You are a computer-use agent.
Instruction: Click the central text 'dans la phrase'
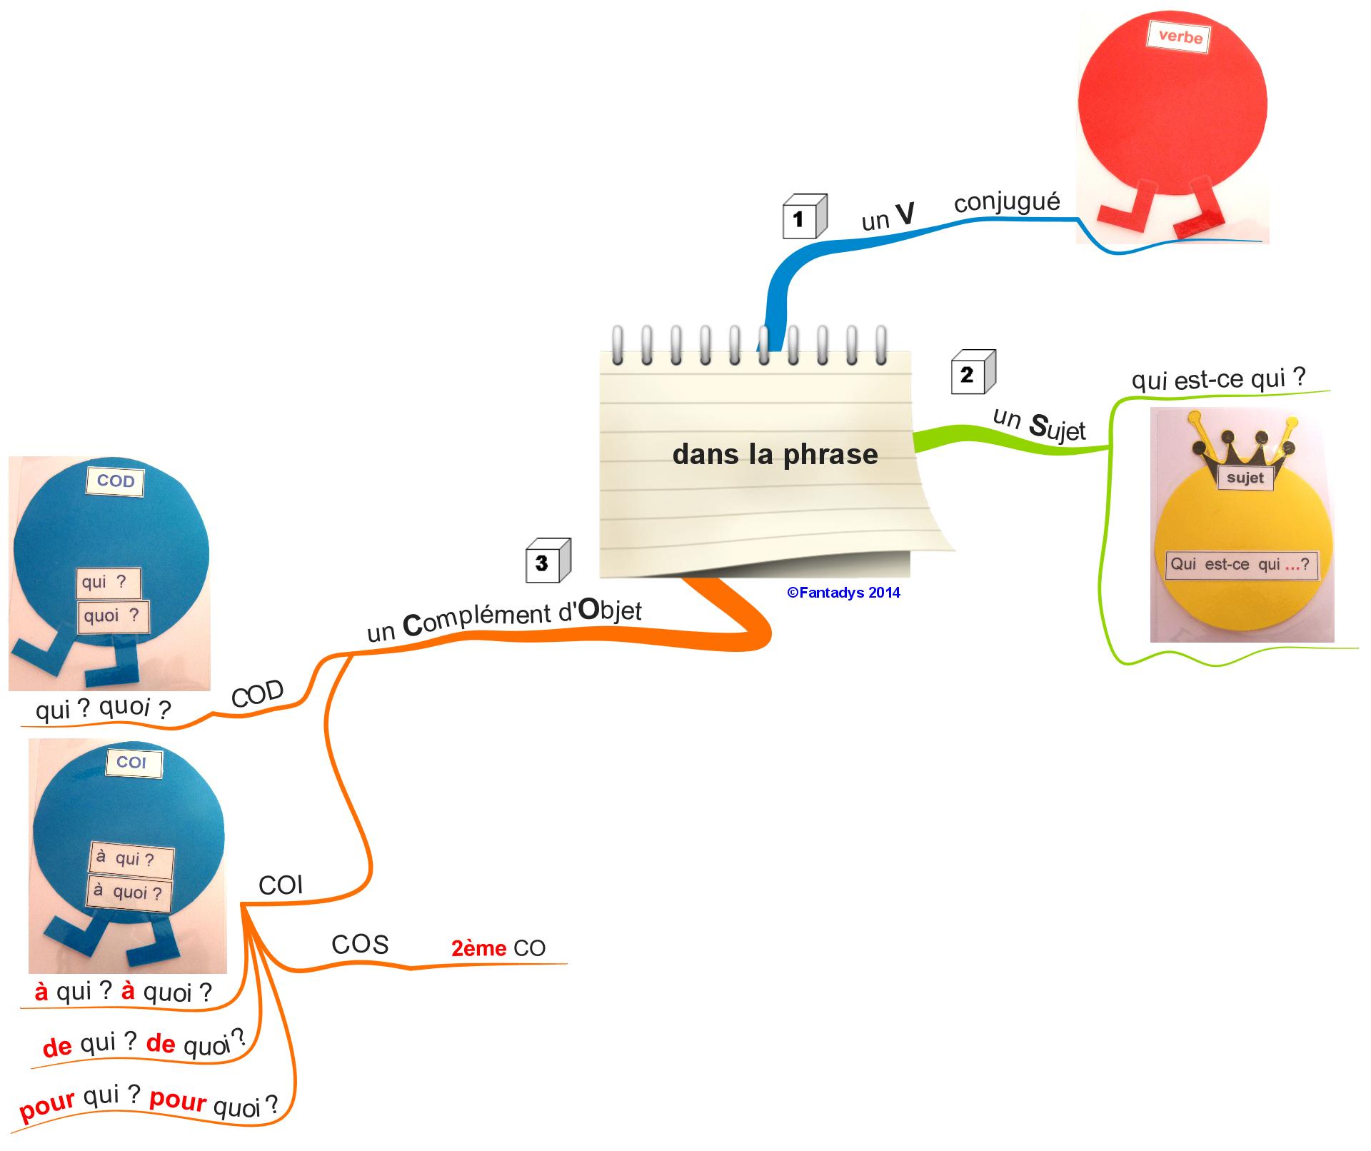775,455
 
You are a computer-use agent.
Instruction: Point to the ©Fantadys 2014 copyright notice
843,593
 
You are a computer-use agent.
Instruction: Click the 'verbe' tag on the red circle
1179,36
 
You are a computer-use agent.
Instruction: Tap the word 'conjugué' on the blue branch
1007,203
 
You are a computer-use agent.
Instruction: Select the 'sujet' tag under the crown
1245,478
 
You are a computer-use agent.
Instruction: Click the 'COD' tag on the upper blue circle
116,481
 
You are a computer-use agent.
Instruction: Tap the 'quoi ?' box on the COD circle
113,615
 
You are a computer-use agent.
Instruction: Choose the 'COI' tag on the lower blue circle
132,763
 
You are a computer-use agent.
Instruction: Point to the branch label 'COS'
360,945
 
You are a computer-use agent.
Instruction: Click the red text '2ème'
478,948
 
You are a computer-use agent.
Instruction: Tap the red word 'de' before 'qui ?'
58,1047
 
